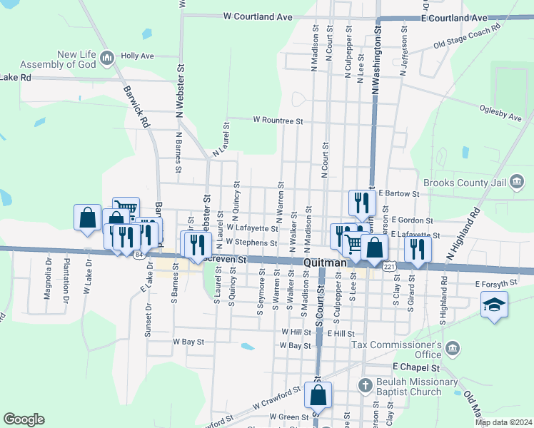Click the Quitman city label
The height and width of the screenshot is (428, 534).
pyautogui.click(x=325, y=263)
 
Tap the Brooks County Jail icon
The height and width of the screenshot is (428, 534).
pyautogui.click(x=516, y=183)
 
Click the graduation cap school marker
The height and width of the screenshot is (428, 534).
pyautogui.click(x=494, y=305)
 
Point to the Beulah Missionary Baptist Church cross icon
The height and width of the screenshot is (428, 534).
pyautogui.click(x=365, y=386)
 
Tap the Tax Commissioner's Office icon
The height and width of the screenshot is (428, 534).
pyautogui.click(x=452, y=348)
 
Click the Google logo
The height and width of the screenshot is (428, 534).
pyautogui.click(x=24, y=419)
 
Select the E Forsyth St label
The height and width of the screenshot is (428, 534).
pyautogui.click(x=495, y=284)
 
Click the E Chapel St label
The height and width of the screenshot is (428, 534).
pyautogui.click(x=414, y=367)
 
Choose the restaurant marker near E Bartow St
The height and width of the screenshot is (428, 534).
pyautogui.click(x=362, y=202)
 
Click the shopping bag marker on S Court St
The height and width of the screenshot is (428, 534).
pyautogui.click(x=318, y=395)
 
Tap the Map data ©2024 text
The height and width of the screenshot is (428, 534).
pyautogui.click(x=504, y=422)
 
